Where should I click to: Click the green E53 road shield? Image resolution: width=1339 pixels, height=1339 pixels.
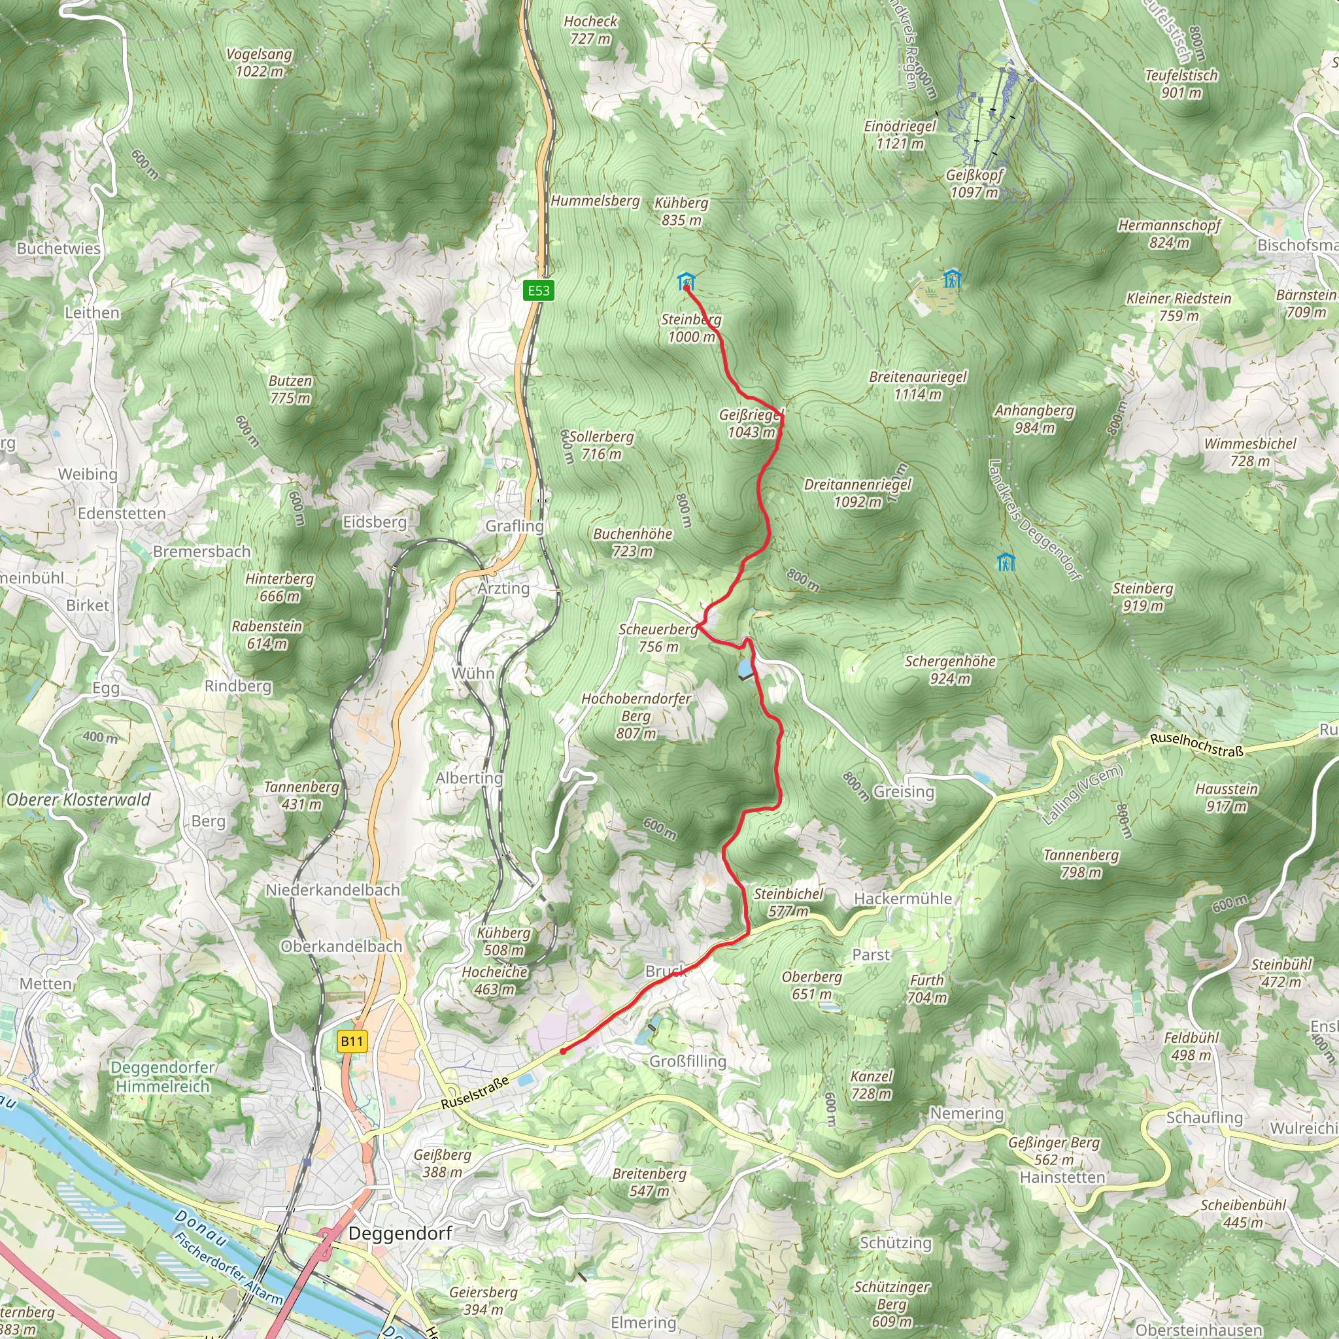pos(539,290)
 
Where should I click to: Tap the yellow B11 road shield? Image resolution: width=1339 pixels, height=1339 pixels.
pos(351,1041)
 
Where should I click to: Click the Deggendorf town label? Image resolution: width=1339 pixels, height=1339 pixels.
pos(400,1233)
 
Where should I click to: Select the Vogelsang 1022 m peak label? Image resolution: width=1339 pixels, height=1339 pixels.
pos(259,62)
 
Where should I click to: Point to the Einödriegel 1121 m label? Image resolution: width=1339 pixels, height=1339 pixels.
pos(900,135)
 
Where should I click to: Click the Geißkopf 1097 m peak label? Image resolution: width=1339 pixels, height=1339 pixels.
pos(974,184)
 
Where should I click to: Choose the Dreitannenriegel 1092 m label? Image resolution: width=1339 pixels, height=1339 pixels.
pos(857,493)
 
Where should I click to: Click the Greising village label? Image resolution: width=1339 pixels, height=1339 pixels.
pos(903,792)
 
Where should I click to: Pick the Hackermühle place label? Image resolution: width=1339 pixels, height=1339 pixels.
pos(902,898)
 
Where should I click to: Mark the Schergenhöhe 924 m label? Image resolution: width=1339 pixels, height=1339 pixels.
pos(949,669)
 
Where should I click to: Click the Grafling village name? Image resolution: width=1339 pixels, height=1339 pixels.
pos(515,526)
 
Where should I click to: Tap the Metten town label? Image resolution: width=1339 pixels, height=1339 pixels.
pos(46,983)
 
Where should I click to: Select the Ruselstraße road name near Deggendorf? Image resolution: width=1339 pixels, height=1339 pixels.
pos(475,1093)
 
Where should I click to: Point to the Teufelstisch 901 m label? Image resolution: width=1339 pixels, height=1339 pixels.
pos(1181,83)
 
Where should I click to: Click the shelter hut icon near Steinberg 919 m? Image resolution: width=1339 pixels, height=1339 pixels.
pos(1006,562)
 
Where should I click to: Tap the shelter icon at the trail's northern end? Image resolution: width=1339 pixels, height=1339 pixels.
pos(685,281)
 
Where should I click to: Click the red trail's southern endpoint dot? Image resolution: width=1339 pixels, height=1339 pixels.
pos(563,1051)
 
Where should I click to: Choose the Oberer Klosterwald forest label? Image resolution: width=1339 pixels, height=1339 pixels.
pos(78,800)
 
